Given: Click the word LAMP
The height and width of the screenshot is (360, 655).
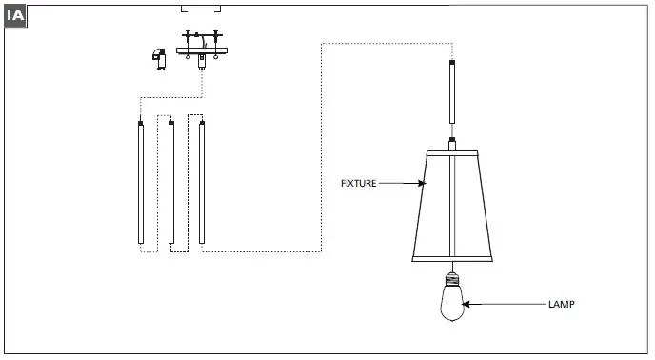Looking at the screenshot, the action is point(561,305).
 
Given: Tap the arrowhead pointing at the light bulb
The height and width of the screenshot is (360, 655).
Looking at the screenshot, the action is point(468,305).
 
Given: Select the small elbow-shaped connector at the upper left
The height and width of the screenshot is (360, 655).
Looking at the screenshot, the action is point(158,57).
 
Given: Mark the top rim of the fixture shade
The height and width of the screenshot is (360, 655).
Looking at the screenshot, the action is point(451,151).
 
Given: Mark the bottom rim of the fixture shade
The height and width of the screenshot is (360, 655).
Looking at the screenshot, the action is point(450,258).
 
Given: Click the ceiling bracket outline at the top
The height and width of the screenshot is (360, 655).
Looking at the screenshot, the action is point(202,9).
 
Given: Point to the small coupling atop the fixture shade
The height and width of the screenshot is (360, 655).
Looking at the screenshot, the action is point(451,143).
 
